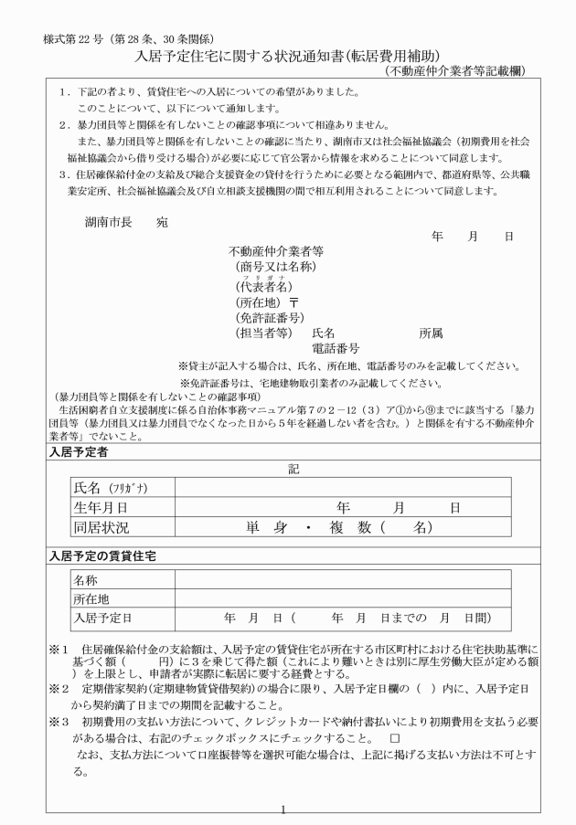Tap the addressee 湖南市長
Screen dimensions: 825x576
[x=111, y=221]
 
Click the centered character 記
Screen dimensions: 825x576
[x=293, y=468]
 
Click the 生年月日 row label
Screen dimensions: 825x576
[x=100, y=507]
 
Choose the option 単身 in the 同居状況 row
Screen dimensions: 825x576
[x=266, y=527]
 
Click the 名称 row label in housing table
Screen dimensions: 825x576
[x=85, y=580]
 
